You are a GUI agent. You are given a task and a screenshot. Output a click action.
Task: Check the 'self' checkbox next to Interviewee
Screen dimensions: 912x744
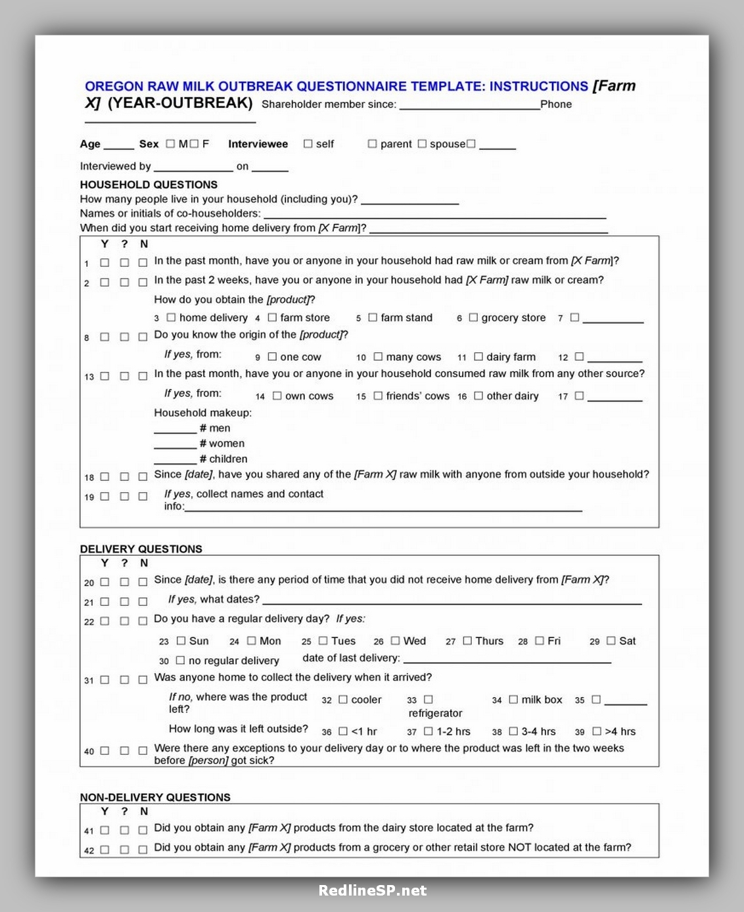(x=308, y=144)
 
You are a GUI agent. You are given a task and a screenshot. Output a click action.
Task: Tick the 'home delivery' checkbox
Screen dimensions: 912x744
(x=171, y=317)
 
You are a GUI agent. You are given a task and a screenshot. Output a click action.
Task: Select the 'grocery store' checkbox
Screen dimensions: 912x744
(x=473, y=317)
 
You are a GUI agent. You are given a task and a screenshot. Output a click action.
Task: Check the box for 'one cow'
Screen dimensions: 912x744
(x=272, y=357)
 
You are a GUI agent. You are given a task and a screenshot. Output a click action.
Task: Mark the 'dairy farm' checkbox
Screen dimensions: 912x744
(x=478, y=357)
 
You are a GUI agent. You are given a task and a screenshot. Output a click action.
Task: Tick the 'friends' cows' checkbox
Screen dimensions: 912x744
(x=378, y=396)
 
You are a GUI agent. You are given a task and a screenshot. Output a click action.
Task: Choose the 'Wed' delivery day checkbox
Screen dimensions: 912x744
(x=395, y=641)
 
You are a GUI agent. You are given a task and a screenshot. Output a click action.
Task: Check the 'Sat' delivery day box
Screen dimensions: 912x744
(x=611, y=641)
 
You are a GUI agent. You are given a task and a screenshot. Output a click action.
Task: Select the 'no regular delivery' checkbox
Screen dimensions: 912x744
(x=180, y=660)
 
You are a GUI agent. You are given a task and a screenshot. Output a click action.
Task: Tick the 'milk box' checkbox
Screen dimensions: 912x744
(x=513, y=700)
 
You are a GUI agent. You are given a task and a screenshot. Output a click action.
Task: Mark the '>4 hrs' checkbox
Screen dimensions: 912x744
(x=597, y=731)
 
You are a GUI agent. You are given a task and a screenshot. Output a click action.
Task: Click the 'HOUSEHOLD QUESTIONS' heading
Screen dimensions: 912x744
(x=149, y=185)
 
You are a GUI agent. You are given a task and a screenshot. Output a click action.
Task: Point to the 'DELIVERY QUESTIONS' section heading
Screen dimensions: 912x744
(x=141, y=549)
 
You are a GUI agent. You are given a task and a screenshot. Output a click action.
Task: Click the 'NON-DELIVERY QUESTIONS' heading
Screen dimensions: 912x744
(x=155, y=797)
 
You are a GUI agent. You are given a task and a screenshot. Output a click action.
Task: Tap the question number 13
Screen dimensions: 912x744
(x=89, y=377)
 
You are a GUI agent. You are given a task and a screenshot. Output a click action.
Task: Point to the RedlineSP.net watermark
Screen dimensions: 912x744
(x=373, y=890)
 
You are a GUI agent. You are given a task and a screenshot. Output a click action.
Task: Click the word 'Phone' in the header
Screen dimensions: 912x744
(x=556, y=104)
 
